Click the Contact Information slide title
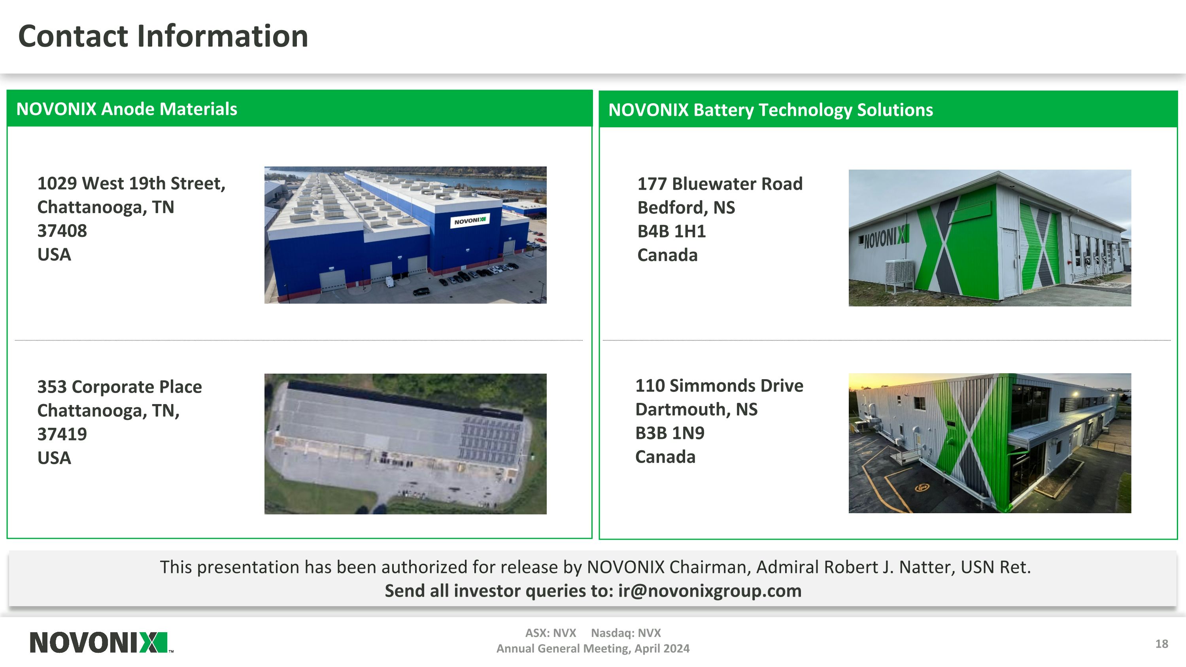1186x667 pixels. pyautogui.click(x=163, y=36)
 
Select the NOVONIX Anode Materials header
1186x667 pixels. pyautogui.click(x=127, y=109)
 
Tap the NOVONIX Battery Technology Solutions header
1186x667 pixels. pyautogui.click(x=770, y=110)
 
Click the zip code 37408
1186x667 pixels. pyautogui.click(x=62, y=231)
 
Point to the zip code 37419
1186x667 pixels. pyautogui.click(x=62, y=434)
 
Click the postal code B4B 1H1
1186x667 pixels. pyautogui.click(x=671, y=231)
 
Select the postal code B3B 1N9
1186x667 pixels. pyautogui.click(x=669, y=433)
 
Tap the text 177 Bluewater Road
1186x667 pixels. pyautogui.click(x=720, y=184)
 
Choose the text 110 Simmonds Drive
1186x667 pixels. pyautogui.click(x=719, y=385)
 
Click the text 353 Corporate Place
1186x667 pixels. pyautogui.click(x=119, y=387)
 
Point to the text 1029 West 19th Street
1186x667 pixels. pyautogui.click(x=131, y=183)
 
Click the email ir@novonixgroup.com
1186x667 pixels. pyautogui.click(x=710, y=591)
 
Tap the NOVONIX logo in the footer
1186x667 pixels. pyautogui.click(x=99, y=642)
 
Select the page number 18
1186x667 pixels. pyautogui.click(x=1161, y=644)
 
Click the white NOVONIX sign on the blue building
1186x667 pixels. pyautogui.click(x=470, y=221)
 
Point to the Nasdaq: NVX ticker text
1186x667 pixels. pyautogui.click(x=626, y=633)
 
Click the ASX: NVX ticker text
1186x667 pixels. pyautogui.click(x=551, y=633)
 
